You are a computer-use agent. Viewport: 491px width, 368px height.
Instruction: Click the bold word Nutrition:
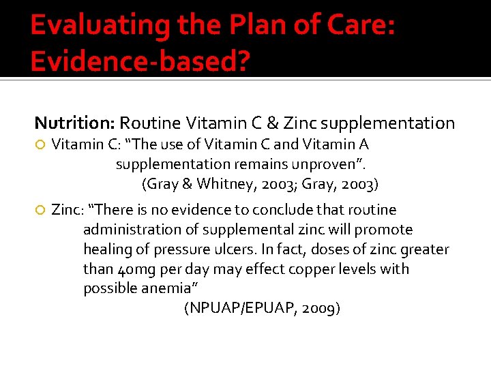click(x=75, y=123)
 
